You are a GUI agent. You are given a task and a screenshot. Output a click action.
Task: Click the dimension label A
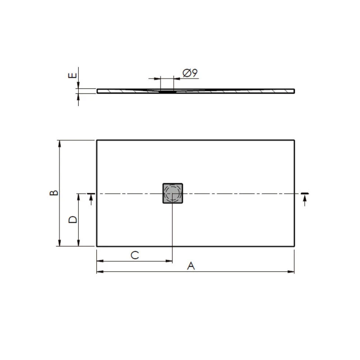pos(191,266)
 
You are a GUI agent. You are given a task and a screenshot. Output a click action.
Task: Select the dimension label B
pos(54,193)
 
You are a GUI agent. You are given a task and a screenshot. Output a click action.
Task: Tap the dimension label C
pos(134,255)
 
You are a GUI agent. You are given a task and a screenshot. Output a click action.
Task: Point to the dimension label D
pos(72,220)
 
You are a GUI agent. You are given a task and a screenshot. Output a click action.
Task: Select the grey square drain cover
pos(172,193)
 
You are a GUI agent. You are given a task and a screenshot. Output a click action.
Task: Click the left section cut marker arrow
pos(91,198)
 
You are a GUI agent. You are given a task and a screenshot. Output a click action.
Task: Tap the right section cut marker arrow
pos(305,198)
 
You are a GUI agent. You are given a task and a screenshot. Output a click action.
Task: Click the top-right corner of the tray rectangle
pos(295,140)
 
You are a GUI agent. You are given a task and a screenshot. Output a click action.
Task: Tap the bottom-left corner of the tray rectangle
pos(97,246)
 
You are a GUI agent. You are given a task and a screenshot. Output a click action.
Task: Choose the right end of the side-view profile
pos(294,91)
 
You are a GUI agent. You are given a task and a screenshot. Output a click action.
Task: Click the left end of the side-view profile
pos(98,91)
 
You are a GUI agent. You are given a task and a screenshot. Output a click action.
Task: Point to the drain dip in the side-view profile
pos(167,91)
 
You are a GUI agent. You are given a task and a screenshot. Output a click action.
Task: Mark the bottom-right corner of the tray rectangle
pos(295,246)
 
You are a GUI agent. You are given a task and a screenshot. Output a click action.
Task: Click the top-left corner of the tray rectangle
pos(97,140)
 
